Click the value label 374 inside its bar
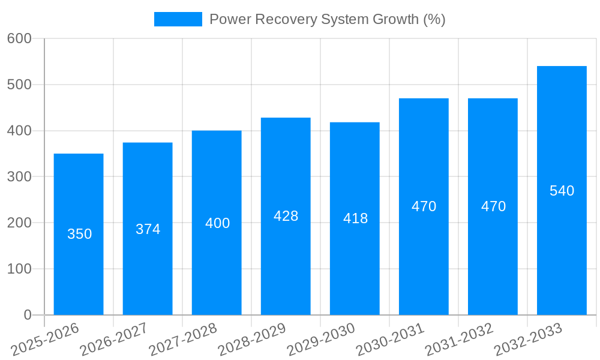pyautogui.click(x=148, y=229)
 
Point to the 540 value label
pyautogui.click(x=562, y=191)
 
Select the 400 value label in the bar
pyautogui.click(x=217, y=223)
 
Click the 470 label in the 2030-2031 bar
pyautogui.click(x=424, y=206)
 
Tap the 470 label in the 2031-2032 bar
pyautogui.click(x=493, y=206)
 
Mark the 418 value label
pyautogui.click(x=355, y=218)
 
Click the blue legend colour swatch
pyautogui.click(x=178, y=19)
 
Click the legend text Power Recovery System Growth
pyautogui.click(x=327, y=19)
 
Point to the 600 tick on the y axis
pyautogui.click(x=19, y=38)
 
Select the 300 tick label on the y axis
pyautogui.click(x=19, y=177)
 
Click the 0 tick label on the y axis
pyautogui.click(x=28, y=315)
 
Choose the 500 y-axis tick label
pyautogui.click(x=19, y=85)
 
